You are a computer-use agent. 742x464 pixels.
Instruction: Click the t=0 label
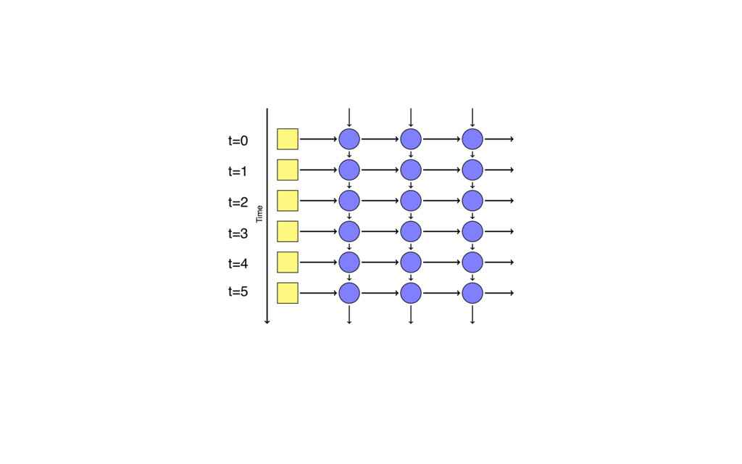click(x=238, y=141)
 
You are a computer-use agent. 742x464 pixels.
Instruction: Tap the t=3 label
click(x=238, y=233)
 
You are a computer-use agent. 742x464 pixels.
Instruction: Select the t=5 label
click(x=238, y=291)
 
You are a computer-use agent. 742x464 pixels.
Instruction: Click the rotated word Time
click(x=259, y=214)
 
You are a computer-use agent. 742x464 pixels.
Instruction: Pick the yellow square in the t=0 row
click(x=288, y=138)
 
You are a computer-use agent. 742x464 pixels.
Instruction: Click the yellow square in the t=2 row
click(x=288, y=200)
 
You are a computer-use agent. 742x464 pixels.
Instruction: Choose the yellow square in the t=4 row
click(x=288, y=262)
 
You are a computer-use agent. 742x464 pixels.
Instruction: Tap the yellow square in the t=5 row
click(x=288, y=293)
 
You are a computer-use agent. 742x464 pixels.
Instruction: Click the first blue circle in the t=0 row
click(x=349, y=138)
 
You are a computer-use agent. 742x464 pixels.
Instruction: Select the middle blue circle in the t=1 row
click(x=411, y=170)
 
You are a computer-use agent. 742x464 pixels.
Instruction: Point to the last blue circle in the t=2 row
click(x=472, y=200)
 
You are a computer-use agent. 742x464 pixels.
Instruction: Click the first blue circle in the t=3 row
click(x=349, y=231)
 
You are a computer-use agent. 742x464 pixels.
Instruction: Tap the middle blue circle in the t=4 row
click(x=411, y=262)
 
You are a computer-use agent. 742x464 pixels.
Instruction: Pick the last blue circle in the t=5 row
click(x=472, y=293)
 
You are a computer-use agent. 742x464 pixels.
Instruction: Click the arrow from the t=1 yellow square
click(x=318, y=170)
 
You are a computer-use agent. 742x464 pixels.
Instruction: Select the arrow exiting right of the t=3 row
click(x=499, y=231)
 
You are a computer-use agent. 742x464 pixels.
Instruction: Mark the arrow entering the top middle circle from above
click(x=411, y=117)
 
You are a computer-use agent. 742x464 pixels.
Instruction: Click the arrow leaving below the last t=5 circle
click(x=472, y=314)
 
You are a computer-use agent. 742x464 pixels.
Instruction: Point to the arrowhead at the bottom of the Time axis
click(x=267, y=321)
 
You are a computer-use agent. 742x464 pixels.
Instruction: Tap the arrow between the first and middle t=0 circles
click(x=380, y=138)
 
